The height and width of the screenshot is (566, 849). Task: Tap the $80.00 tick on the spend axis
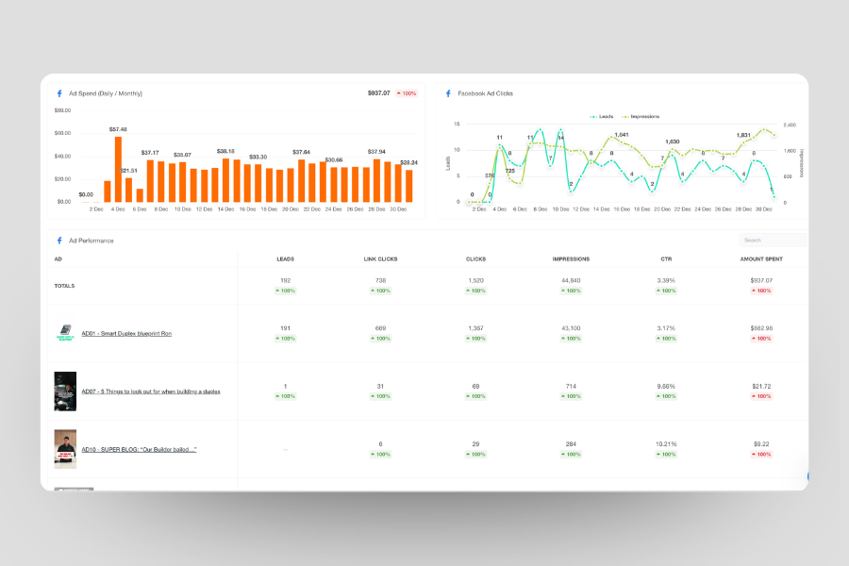coord(64,110)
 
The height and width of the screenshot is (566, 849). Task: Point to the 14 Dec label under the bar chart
coord(225,208)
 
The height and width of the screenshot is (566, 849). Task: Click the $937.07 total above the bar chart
coord(378,93)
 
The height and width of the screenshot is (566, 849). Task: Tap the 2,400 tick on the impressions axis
coord(791,125)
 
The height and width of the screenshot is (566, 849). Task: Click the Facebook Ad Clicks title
coord(485,93)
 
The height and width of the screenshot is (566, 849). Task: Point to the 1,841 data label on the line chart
coord(621,135)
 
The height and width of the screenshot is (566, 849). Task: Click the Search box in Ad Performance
coord(772,241)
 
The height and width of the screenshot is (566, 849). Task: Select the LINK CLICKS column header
coord(381,258)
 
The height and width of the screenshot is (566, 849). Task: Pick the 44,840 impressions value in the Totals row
coord(572,280)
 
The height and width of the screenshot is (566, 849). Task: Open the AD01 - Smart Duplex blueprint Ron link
coord(126,333)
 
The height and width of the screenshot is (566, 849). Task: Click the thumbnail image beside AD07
coord(65,391)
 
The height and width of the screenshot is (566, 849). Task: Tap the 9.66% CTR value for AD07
coord(667,386)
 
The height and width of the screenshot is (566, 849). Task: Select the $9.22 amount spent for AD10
coord(762,443)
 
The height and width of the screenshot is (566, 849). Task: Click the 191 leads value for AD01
coord(286,327)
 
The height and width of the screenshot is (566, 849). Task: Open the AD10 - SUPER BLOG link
coord(139,449)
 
